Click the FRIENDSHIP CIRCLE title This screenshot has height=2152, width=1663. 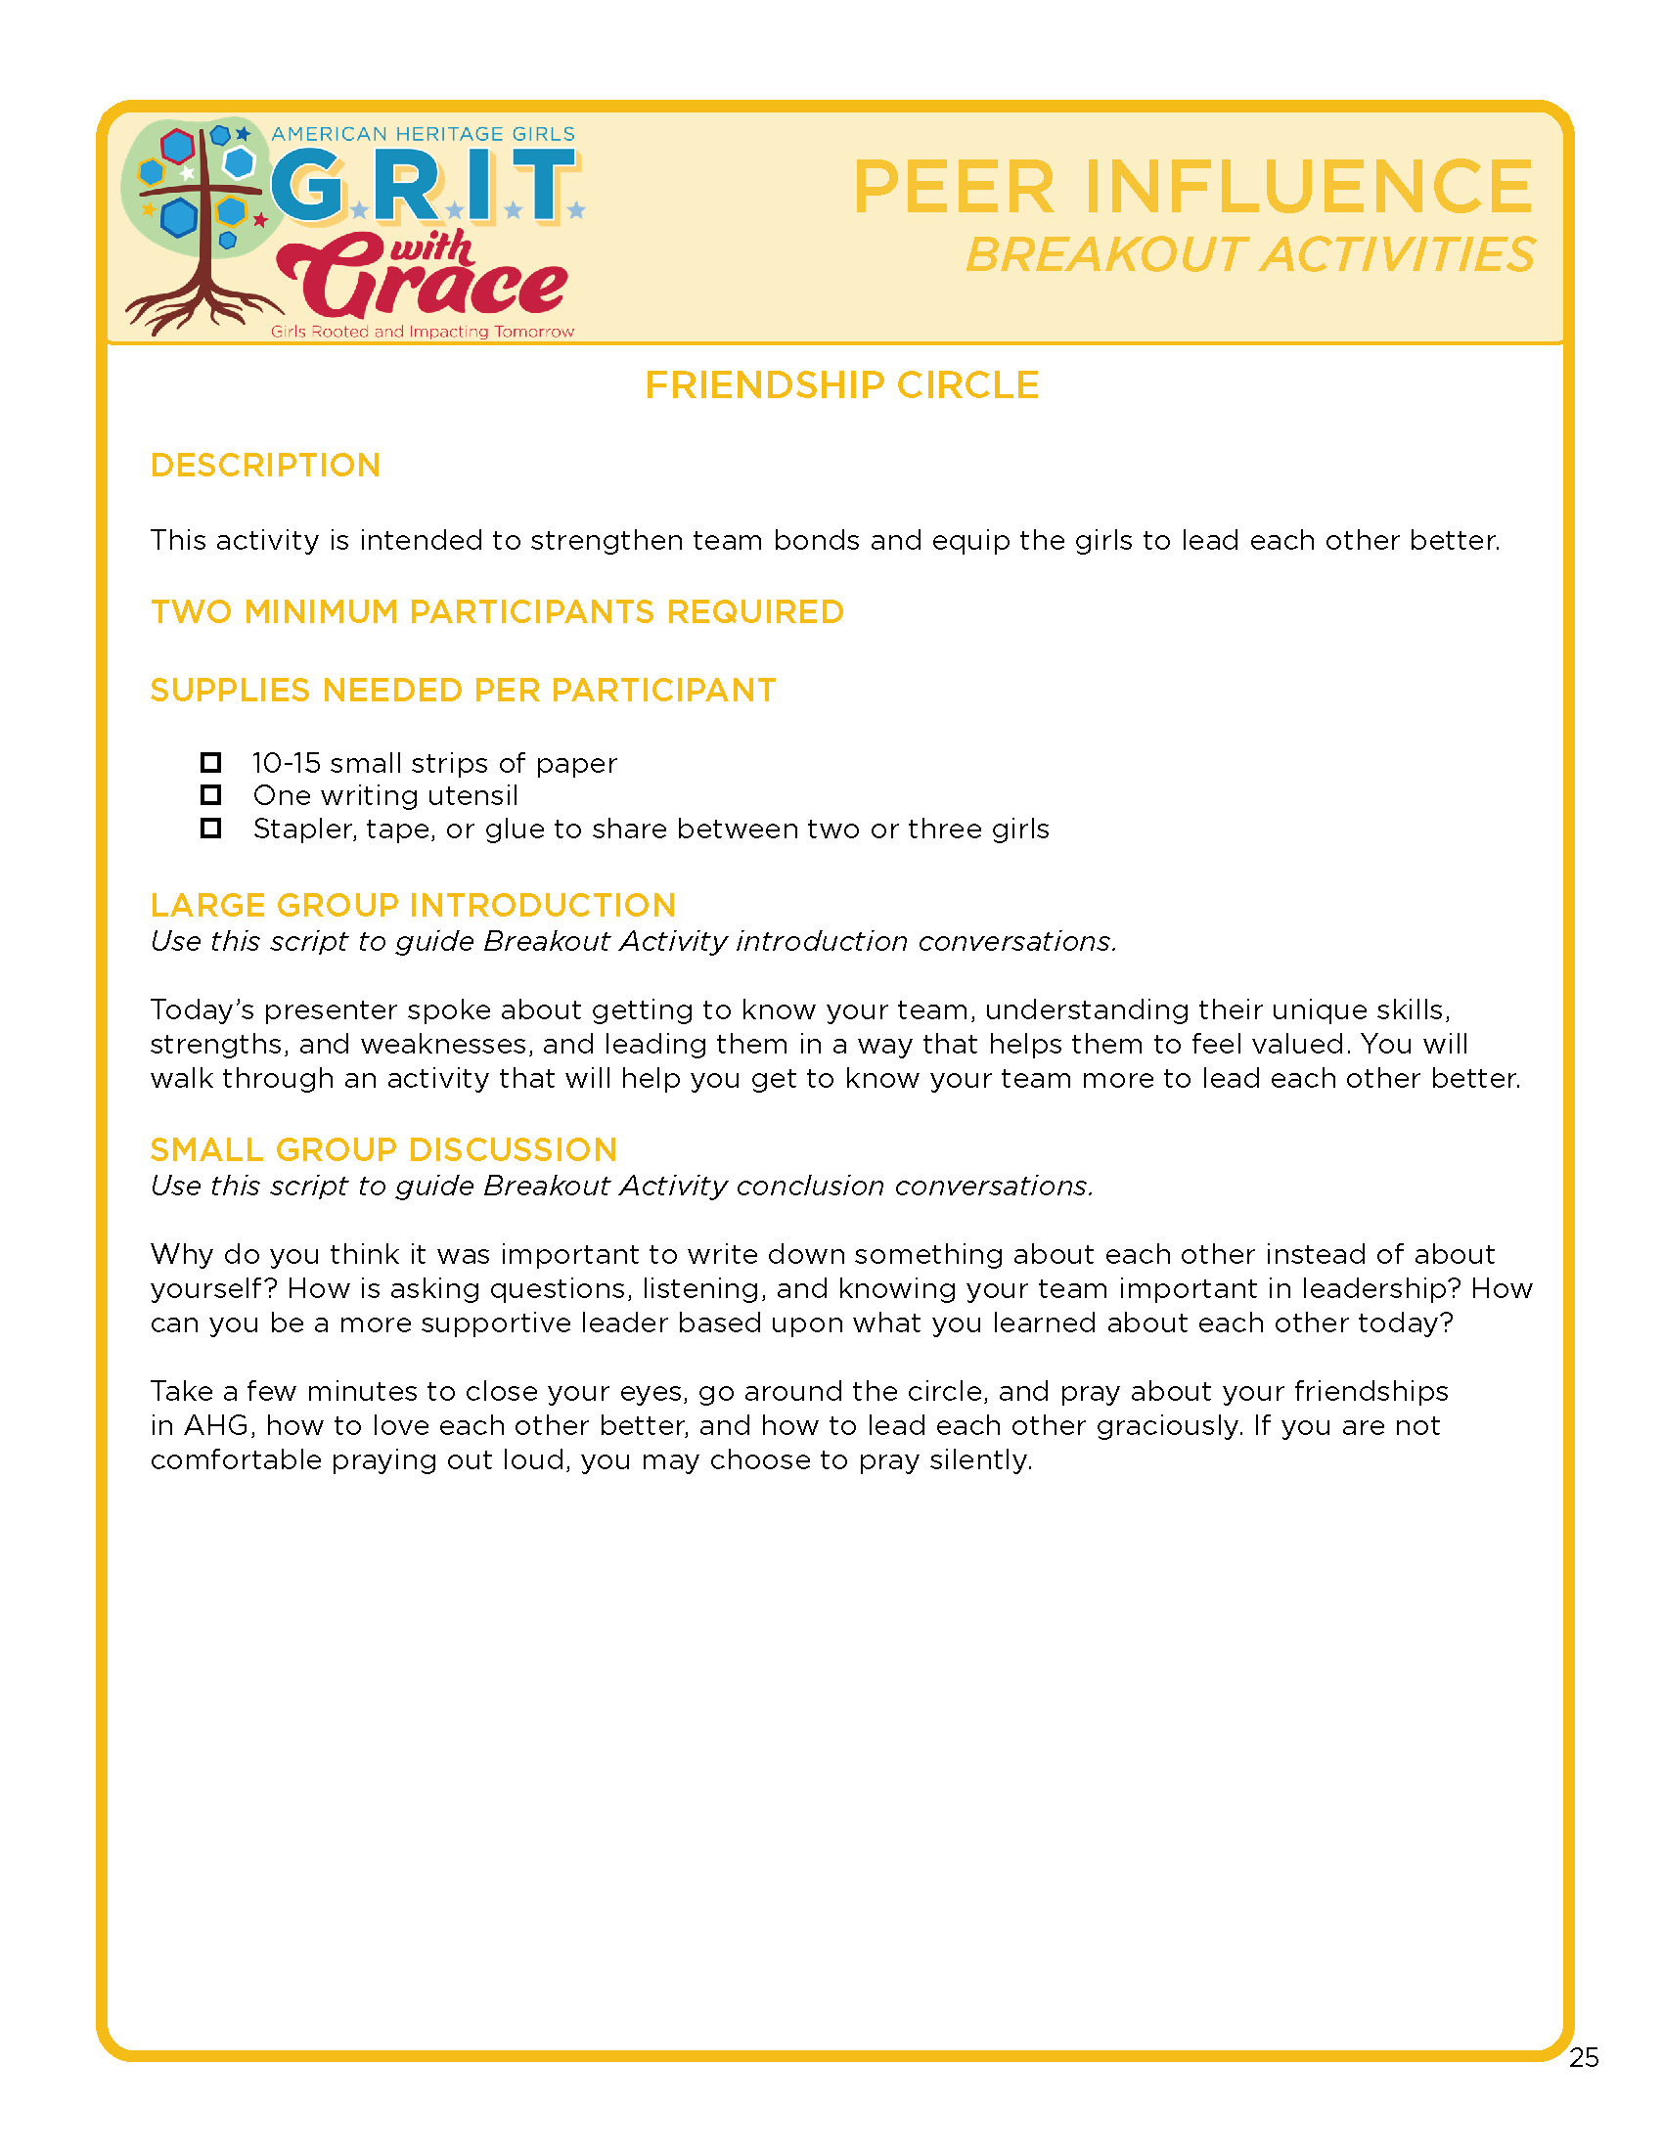[841, 385]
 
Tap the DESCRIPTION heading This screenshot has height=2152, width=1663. [265, 465]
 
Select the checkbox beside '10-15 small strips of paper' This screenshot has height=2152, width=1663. [211, 763]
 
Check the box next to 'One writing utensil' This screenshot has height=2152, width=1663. [211, 795]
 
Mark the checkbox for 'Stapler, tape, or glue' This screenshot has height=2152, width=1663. [211, 829]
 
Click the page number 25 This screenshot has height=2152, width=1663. [1583, 2057]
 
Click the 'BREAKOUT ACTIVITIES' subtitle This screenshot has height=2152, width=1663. [1249, 255]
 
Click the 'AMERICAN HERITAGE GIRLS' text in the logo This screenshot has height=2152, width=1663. [423, 134]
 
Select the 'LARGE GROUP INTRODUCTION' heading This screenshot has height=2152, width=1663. [413, 906]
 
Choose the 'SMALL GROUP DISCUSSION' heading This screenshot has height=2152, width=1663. [383, 1150]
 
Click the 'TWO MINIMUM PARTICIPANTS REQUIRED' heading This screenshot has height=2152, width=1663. [497, 612]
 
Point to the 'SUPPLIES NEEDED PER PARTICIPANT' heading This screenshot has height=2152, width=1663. [463, 691]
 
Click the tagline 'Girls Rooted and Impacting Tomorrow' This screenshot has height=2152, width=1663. [423, 332]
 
